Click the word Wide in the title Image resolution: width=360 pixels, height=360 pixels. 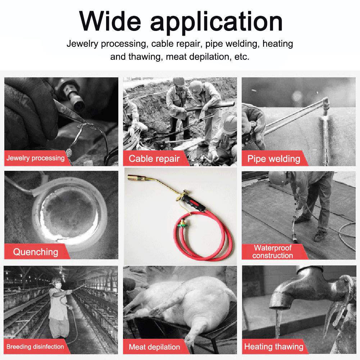[x=110, y=21]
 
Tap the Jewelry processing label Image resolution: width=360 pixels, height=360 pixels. [x=36, y=158]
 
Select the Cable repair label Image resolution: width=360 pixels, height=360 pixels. [x=154, y=158]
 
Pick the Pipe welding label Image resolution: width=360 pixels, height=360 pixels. [x=274, y=159]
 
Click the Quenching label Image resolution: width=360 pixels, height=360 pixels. [x=36, y=252]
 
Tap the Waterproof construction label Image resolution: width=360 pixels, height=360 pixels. [x=273, y=252]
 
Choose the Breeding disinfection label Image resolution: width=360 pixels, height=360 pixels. [x=35, y=346]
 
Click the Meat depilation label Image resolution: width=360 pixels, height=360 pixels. [x=154, y=347]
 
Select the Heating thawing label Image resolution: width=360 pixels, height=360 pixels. [x=274, y=346]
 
